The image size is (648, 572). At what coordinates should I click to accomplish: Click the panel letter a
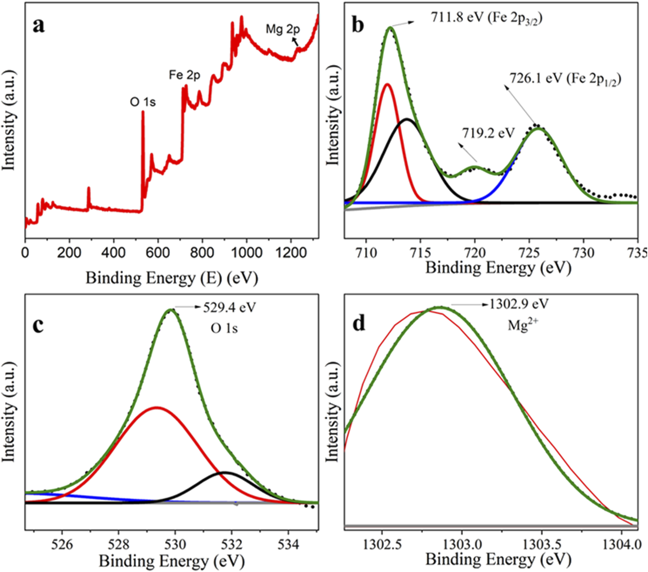pyautogui.click(x=39, y=26)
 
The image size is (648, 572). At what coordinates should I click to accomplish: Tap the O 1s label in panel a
pyautogui.click(x=143, y=102)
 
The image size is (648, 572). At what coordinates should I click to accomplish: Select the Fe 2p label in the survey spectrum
pyautogui.click(x=184, y=75)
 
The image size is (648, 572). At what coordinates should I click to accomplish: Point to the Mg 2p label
pyautogui.click(x=282, y=29)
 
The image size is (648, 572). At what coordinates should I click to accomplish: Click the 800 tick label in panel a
pyautogui.click(x=202, y=253)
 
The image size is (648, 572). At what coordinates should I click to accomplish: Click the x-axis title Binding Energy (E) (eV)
pyautogui.click(x=172, y=278)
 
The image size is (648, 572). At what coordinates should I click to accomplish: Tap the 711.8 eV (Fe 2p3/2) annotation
pyautogui.click(x=486, y=18)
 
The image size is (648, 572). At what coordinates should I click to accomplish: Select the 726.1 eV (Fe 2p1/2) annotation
pyautogui.click(x=565, y=79)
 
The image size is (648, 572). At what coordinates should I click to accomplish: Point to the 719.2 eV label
pyautogui.click(x=488, y=133)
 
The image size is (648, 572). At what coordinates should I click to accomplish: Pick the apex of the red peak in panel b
pyautogui.click(x=387, y=84)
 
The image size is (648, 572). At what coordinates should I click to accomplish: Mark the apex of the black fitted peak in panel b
pyautogui.click(x=407, y=119)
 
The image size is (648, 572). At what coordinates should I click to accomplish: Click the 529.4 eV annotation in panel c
pyautogui.click(x=229, y=307)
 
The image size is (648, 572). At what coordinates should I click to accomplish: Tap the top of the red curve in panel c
pyautogui.click(x=157, y=408)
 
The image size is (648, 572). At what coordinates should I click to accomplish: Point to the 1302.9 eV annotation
pyautogui.click(x=519, y=304)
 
